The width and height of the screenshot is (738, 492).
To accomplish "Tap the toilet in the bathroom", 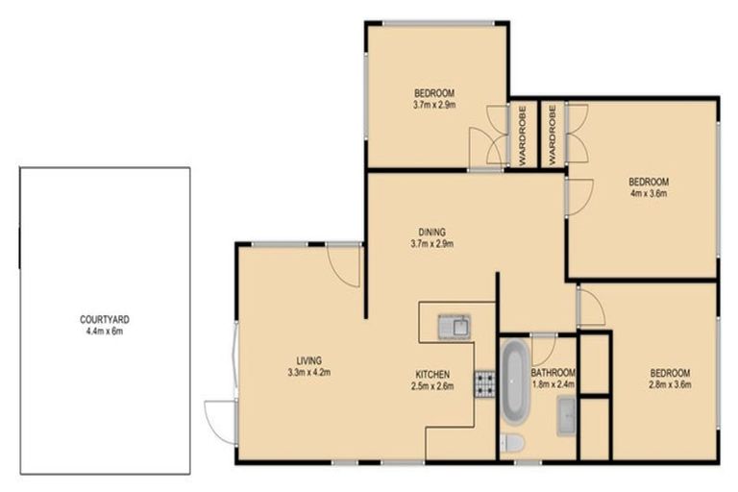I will [x=513, y=442].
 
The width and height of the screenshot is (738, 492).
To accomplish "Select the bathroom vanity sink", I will [x=566, y=416].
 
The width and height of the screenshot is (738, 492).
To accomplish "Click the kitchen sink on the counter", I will [x=454, y=327].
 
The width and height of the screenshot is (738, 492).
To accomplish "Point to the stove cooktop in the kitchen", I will [x=483, y=384].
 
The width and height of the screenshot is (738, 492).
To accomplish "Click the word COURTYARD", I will [x=105, y=320].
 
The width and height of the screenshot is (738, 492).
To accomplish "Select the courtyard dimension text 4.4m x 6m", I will [x=105, y=332].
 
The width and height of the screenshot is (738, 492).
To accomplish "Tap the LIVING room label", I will [x=308, y=360].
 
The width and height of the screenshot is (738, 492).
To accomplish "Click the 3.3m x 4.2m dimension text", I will [x=308, y=373].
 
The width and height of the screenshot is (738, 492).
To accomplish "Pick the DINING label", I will [x=432, y=231].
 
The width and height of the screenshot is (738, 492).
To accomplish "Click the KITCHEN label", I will [x=432, y=375].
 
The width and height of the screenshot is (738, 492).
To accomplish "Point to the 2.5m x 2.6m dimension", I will [x=432, y=386].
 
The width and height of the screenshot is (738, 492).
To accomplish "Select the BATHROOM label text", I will [x=553, y=373].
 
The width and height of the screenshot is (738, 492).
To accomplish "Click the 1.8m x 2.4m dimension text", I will [x=553, y=385].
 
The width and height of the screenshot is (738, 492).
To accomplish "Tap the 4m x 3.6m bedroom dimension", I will [x=648, y=193].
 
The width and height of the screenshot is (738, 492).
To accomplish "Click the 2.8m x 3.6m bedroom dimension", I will [x=669, y=385].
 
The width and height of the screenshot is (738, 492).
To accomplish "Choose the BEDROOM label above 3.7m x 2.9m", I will [x=434, y=93].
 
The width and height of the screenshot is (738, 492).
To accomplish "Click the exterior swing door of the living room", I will [x=220, y=421].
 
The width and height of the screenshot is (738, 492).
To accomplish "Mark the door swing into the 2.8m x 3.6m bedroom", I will [x=590, y=307].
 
